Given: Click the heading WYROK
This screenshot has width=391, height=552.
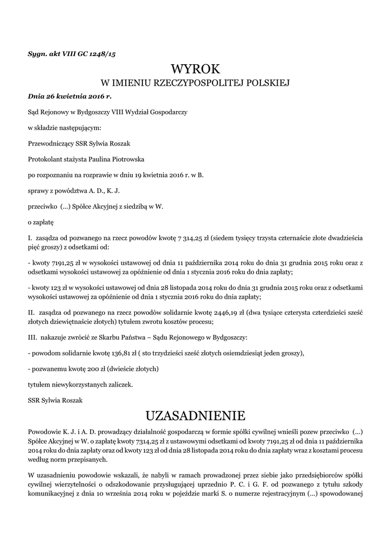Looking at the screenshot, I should pyautogui.click(x=195, y=70).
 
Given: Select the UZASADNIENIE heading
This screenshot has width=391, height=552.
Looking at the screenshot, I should pyautogui.click(x=195, y=416).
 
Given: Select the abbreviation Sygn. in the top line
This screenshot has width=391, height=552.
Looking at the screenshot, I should pyautogui.click(x=38, y=54).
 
